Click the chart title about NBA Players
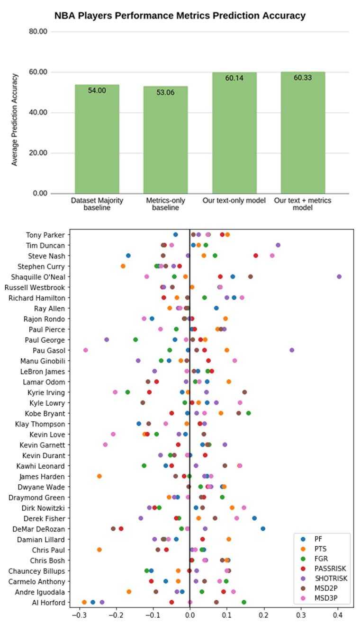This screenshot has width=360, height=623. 180,16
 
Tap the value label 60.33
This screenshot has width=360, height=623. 303,78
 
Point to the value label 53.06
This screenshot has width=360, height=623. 165,92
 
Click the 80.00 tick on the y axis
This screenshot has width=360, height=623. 38,32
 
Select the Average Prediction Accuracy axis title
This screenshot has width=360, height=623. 15,119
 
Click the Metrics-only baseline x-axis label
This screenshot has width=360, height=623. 165,204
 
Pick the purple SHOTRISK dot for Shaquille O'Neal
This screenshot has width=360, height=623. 339,276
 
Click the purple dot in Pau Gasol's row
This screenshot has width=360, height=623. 292,350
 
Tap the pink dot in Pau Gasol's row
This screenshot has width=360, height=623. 86,350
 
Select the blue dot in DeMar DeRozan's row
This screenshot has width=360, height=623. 263,528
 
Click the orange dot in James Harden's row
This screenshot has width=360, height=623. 99,476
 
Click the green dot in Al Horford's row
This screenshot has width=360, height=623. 244,602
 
